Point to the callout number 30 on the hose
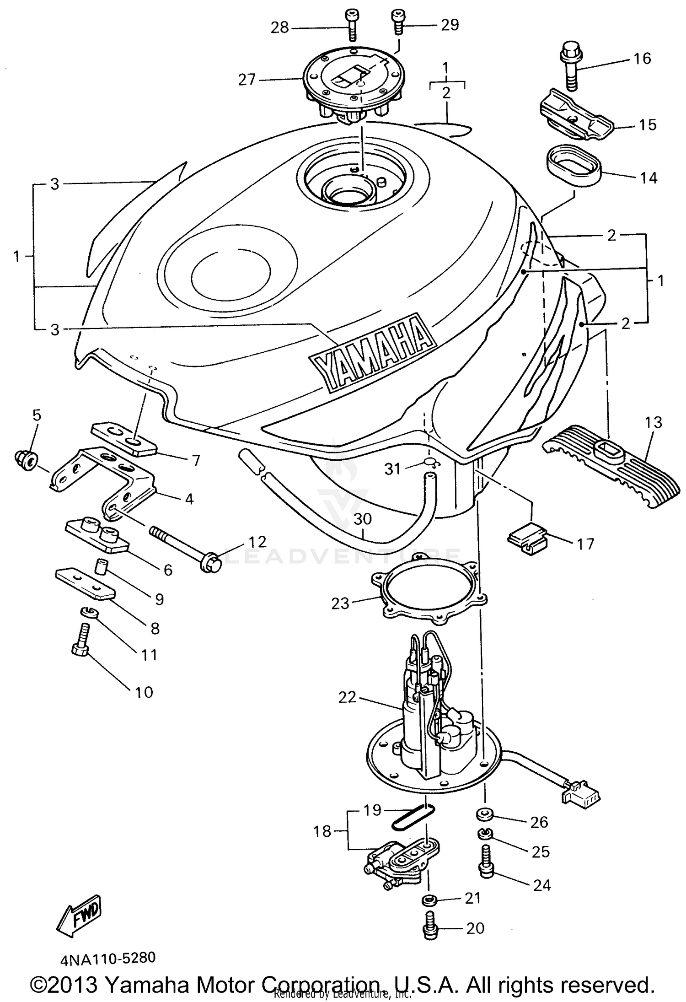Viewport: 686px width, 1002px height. (x=362, y=519)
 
